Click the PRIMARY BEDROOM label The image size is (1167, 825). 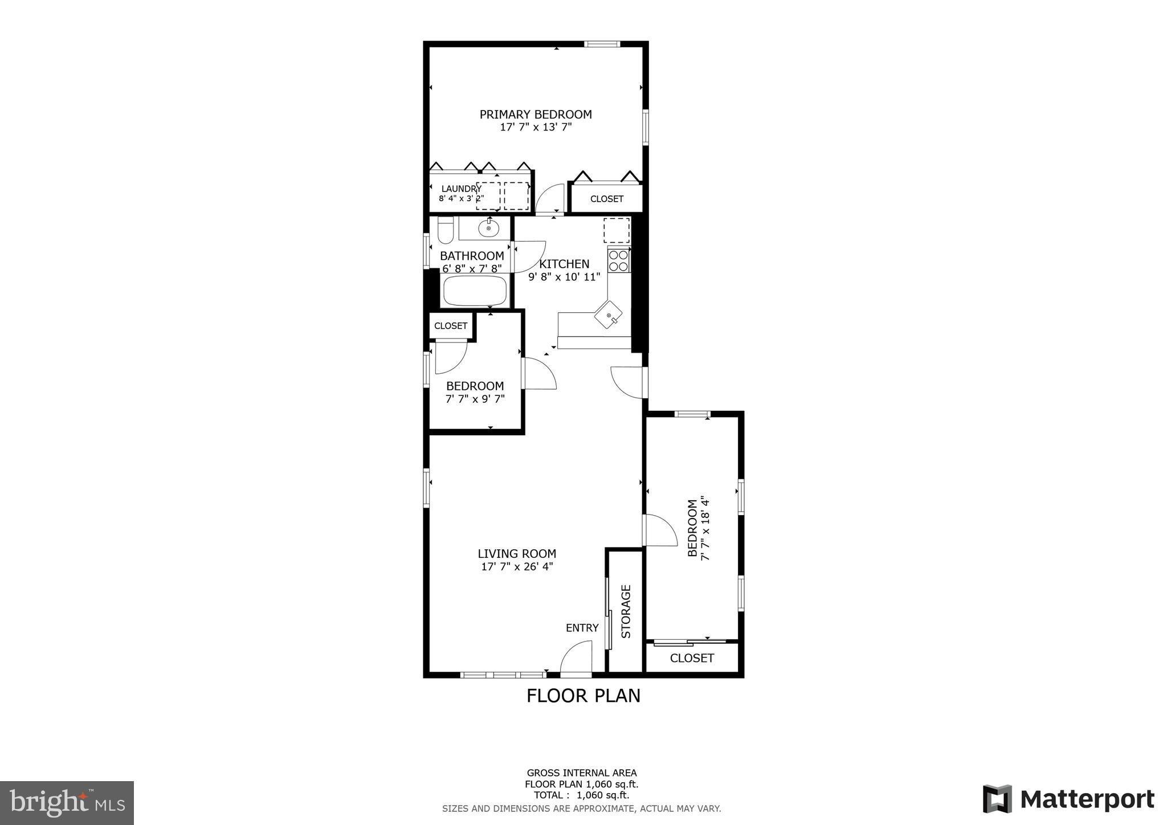pos(535,115)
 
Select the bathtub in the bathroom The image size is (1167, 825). pos(475,291)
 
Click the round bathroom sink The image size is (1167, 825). pos(488,228)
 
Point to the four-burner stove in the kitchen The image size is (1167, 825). pos(618,260)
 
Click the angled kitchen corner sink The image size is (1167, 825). pos(609,315)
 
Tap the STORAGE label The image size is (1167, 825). pos(626,611)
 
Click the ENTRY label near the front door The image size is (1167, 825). pos(582,628)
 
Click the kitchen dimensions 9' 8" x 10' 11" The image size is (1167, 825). pos(564,277)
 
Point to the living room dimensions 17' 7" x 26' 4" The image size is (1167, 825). pos(517,567)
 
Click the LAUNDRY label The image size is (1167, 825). pos(461,189)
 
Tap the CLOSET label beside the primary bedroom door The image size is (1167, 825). pos(606,199)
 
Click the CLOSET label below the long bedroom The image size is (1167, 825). pos(692,658)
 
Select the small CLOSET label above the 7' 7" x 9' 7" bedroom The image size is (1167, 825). pos(450,326)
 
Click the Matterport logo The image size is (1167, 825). pos(1068,799)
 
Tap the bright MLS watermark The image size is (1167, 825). pos(67,803)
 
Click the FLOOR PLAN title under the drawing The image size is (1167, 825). pos(583,696)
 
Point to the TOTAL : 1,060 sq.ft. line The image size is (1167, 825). pos(581,795)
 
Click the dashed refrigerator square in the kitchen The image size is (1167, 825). pos(617,230)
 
